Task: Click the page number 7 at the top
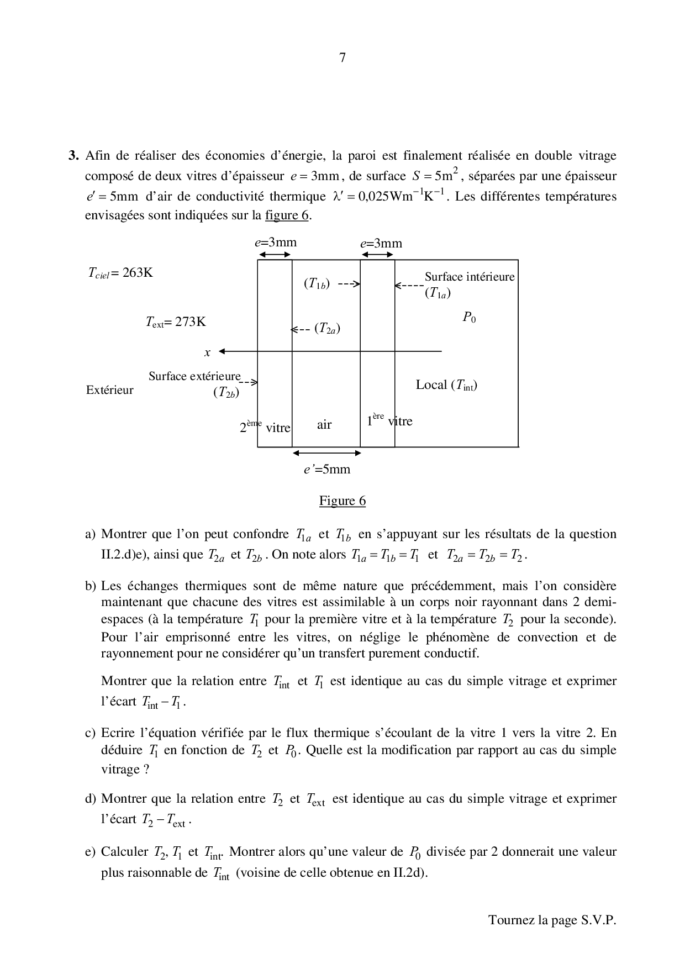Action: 342,57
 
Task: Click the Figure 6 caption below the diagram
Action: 342,501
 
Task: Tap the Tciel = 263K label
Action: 120,272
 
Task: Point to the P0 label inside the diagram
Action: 469,318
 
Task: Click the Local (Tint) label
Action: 446,385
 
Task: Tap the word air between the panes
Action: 324,424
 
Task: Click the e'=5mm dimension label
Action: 327,469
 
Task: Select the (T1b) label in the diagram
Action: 317,284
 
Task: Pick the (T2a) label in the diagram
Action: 327,328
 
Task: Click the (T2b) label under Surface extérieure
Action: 226,393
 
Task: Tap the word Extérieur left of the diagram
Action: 110,390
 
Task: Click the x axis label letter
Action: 208,352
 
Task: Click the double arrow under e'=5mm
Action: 326,453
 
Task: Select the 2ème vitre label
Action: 265,426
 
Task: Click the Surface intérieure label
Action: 470,276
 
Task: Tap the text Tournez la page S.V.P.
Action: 552,920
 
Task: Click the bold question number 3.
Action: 74,156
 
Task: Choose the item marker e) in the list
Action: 91,851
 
